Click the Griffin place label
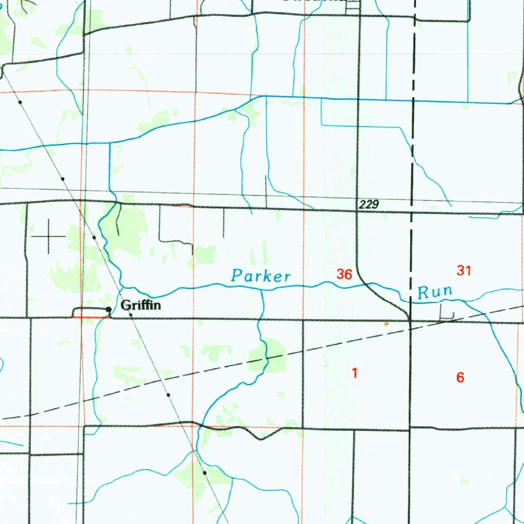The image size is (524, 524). (x=141, y=306)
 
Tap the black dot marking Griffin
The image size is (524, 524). (x=108, y=309)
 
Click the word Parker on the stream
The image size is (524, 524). (x=260, y=276)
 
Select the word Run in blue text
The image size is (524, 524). (x=435, y=293)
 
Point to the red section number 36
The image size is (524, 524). (x=344, y=274)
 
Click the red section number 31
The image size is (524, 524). (x=464, y=270)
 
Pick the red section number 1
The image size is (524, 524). (x=354, y=373)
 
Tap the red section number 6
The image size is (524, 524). (x=460, y=378)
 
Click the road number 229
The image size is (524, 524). (x=368, y=205)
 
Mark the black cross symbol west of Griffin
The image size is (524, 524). (x=49, y=236)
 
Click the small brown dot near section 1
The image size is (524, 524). (x=386, y=323)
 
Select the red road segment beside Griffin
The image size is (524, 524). (x=92, y=317)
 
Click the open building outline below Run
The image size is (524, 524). (x=447, y=313)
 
